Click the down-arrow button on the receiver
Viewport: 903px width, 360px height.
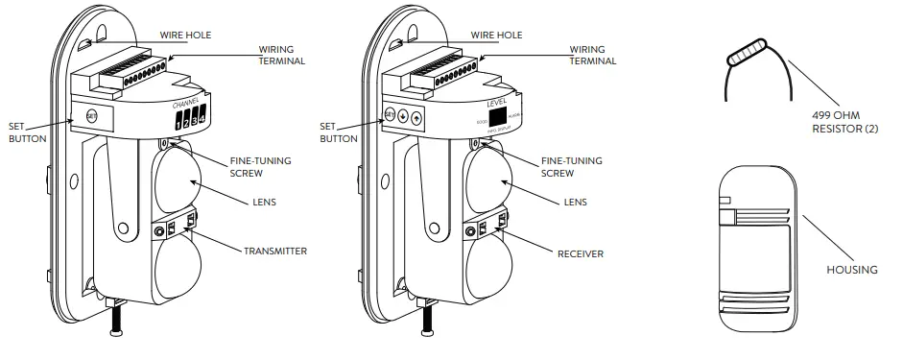click(402, 116)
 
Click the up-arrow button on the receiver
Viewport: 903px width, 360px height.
click(416, 117)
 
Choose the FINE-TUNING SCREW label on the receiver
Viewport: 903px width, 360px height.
click(572, 167)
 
